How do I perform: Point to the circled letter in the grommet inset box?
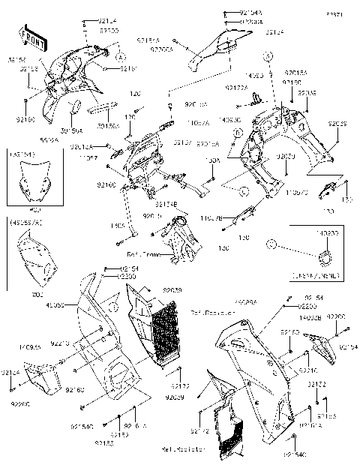274,244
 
